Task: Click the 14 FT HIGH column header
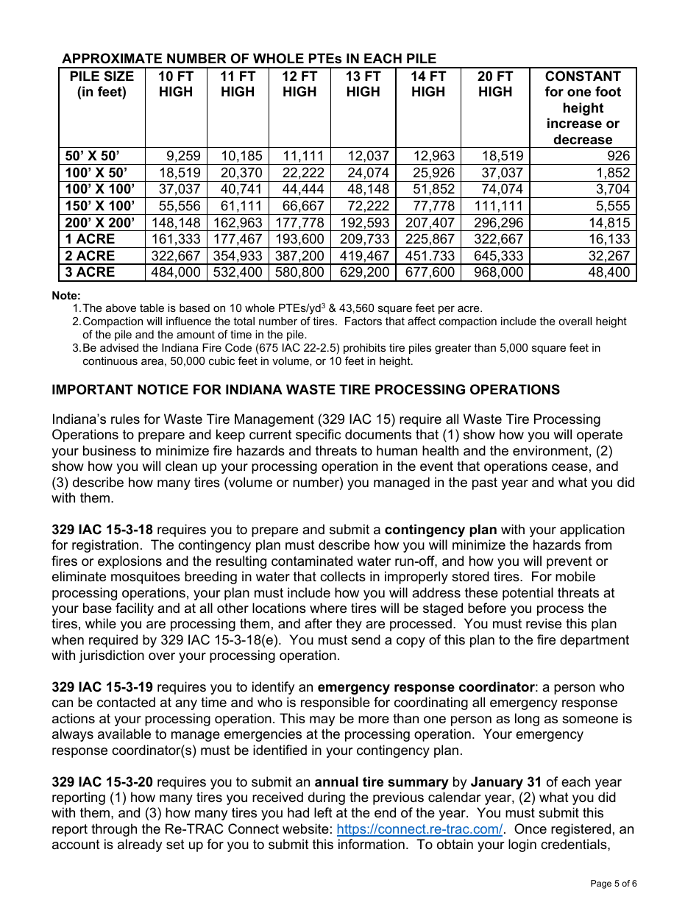click(428, 85)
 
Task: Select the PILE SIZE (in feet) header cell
click(102, 85)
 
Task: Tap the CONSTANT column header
click(583, 107)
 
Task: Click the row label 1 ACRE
click(91, 239)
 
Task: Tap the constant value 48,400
click(609, 272)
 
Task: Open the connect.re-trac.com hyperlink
click(419, 829)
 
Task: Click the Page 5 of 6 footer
click(614, 884)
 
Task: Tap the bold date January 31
click(507, 782)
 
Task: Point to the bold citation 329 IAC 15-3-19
click(102, 687)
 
